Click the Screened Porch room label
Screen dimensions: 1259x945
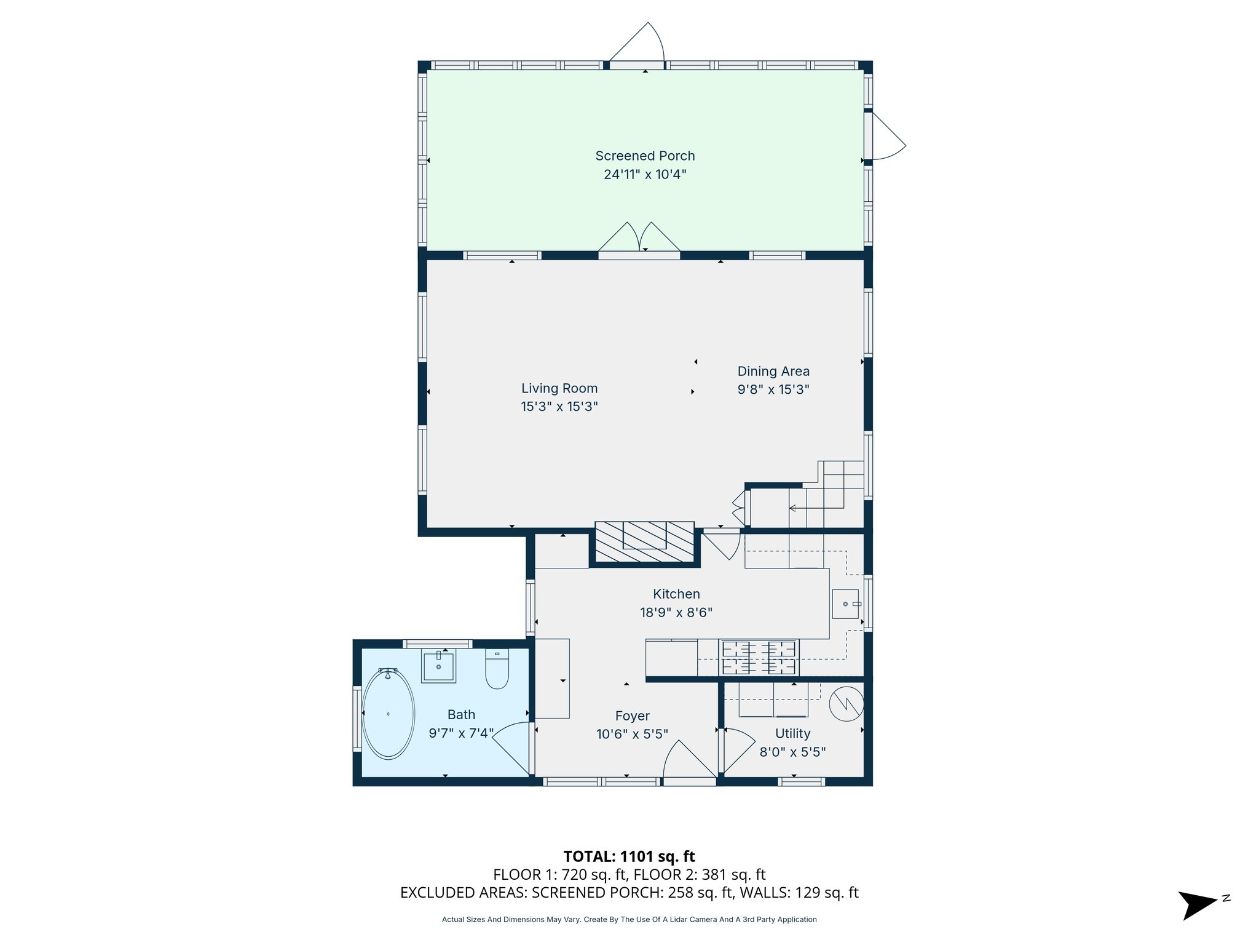[x=645, y=156]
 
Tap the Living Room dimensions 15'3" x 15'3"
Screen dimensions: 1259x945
[x=559, y=407]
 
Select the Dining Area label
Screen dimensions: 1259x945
[x=773, y=372]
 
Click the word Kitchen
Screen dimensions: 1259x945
[x=676, y=594]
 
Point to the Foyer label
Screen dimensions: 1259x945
[x=633, y=716]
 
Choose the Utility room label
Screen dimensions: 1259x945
[x=792, y=733]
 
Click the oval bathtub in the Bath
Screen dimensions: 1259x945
[x=388, y=714]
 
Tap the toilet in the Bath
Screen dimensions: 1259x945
[x=497, y=669]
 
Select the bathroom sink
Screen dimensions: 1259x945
[x=438, y=666]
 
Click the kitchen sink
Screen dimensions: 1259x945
[x=845, y=604]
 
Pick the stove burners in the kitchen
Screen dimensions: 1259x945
[x=759, y=658]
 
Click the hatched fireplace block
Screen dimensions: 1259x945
[x=645, y=542]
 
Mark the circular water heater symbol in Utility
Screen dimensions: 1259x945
[x=847, y=704]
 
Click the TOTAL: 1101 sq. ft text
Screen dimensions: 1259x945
[x=629, y=856]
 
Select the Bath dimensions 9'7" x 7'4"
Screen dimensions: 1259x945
[x=461, y=733]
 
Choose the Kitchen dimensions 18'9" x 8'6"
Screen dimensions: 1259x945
[x=676, y=613]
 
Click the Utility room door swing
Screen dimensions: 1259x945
[x=740, y=751]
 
